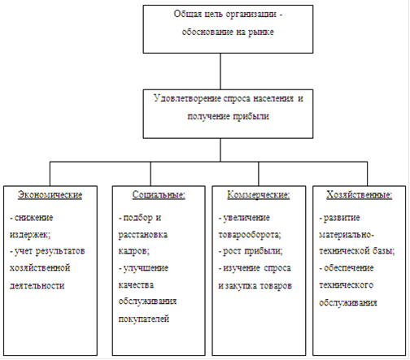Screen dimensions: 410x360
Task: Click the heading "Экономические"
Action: tap(50, 195)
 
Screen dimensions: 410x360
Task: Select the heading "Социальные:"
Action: tap(159, 195)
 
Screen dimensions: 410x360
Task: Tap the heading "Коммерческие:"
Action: tap(259, 195)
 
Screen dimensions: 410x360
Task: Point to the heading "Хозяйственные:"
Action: tap(359, 195)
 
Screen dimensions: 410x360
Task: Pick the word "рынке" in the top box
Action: tap(261, 32)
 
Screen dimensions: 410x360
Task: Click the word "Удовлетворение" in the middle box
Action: tap(188, 98)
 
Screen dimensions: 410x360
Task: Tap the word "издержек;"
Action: tap(30, 235)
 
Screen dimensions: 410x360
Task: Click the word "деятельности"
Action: tap(37, 286)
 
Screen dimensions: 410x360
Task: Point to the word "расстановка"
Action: tap(143, 235)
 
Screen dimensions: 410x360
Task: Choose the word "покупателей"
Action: tap(144, 319)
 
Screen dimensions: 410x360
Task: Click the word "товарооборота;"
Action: tap(250, 235)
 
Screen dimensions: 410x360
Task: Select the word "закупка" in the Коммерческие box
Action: tap(242, 286)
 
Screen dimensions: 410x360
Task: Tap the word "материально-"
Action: tap(347, 235)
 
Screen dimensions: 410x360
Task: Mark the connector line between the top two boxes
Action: tap(220, 72)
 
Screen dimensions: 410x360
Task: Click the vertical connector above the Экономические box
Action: tap(50, 174)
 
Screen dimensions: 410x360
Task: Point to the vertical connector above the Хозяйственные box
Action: tap(368, 174)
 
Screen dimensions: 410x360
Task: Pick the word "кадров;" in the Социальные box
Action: tap(134, 251)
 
